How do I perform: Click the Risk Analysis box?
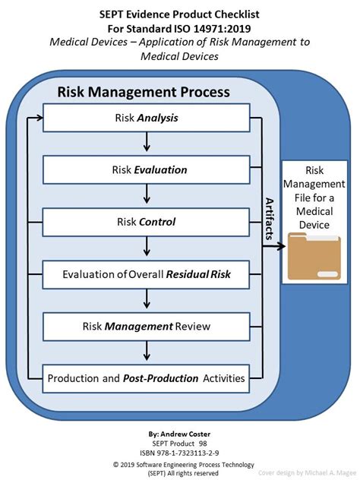tap(147, 118)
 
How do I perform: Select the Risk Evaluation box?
tap(147, 170)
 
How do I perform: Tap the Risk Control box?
tap(146, 223)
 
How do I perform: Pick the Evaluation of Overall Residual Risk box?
tap(146, 275)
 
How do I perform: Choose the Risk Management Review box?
tap(147, 327)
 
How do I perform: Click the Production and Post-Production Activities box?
tap(146, 379)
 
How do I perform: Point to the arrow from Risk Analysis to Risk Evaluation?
tap(147, 142)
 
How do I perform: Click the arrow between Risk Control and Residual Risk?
tap(147, 246)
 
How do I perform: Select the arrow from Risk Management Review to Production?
tap(147, 351)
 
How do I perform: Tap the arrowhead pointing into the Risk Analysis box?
tap(39, 118)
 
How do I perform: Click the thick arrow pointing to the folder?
tap(274, 246)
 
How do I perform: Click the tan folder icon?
tap(314, 256)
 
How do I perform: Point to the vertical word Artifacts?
tap(269, 219)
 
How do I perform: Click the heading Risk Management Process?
tap(144, 92)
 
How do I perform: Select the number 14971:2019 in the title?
tap(222, 29)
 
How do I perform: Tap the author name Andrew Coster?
tap(185, 434)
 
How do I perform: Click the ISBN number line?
tap(179, 453)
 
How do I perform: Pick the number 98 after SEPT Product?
tap(203, 444)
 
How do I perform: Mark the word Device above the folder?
tap(314, 225)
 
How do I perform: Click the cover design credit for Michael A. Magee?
tap(307, 472)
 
